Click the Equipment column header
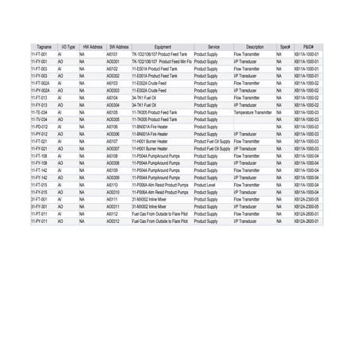coord(162,47)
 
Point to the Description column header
coord(254,47)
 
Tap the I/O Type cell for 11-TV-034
coord(72,119)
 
